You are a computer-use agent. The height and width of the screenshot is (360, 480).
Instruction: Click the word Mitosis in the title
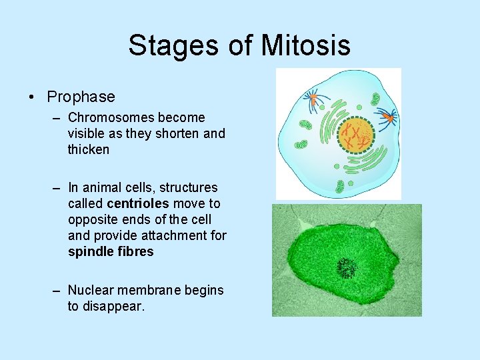[x=306, y=45]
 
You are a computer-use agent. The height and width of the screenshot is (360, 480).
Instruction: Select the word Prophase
[x=81, y=97]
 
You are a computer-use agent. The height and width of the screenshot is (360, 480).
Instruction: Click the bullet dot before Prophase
[x=33, y=97]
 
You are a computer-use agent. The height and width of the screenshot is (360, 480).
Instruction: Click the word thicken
[x=88, y=149]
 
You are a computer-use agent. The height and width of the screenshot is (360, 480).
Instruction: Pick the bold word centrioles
[x=137, y=203]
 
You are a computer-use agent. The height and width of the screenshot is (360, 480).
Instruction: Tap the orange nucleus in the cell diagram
[x=356, y=135]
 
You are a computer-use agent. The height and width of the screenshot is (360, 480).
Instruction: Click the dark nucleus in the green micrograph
[x=346, y=268]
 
